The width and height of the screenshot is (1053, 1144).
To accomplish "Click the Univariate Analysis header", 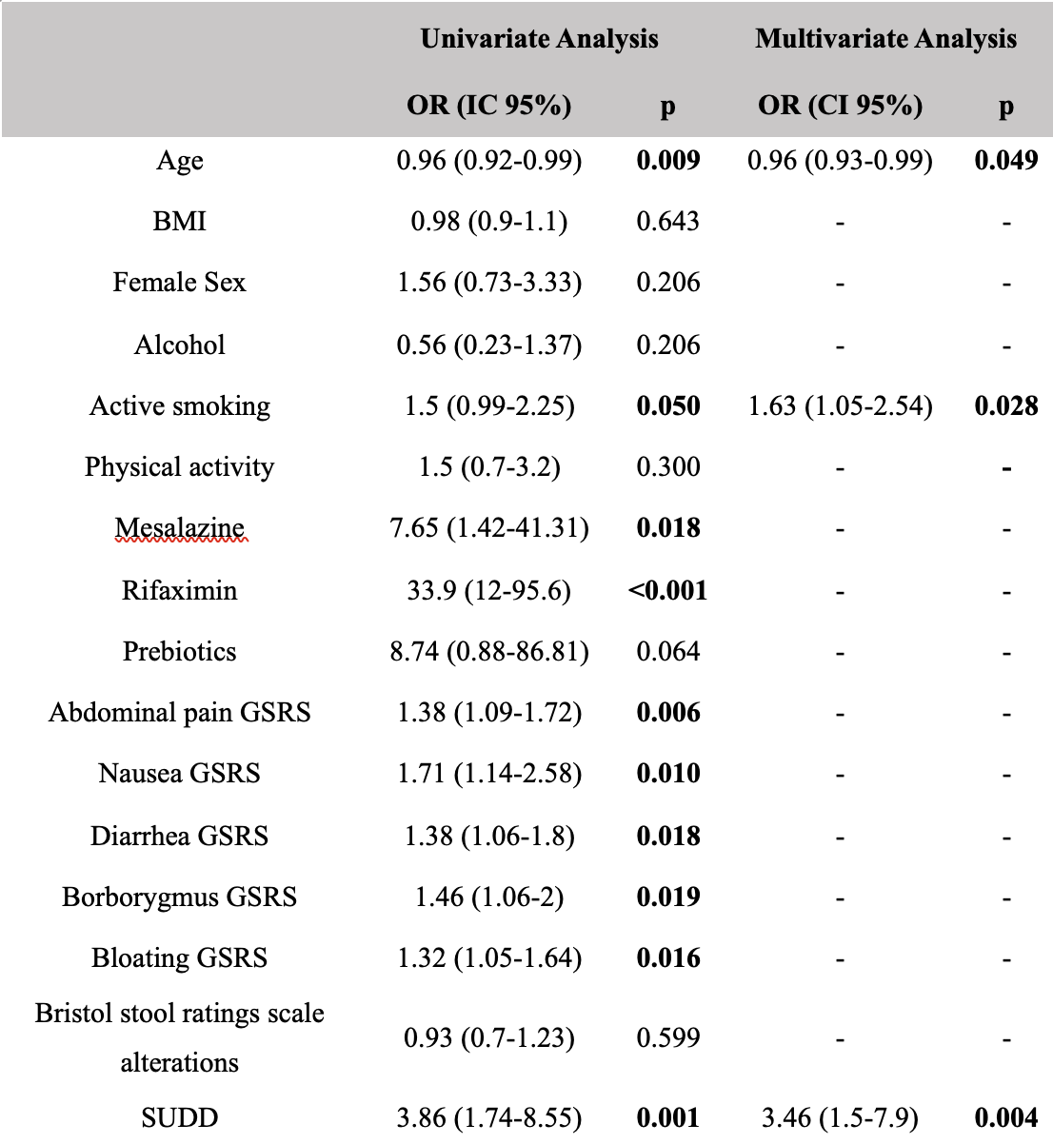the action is (539, 40).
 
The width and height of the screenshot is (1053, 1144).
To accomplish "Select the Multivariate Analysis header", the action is (885, 40).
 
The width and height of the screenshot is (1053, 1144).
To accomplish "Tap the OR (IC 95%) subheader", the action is (489, 106).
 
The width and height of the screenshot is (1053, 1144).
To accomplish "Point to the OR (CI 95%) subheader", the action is (840, 106).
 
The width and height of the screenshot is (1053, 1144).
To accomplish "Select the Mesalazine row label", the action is (180, 527).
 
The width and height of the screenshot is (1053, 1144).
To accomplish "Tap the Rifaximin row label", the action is (180, 590).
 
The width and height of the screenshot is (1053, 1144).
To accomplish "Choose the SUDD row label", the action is (180, 1117).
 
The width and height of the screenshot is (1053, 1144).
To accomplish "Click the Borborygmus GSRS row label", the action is (180, 897).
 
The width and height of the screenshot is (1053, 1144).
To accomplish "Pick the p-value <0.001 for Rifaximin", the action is (667, 590).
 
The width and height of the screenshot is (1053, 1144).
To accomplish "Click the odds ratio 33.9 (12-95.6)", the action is (489, 590).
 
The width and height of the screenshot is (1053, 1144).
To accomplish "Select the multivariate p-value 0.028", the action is (1006, 406).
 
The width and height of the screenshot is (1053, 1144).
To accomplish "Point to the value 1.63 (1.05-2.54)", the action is (840, 406).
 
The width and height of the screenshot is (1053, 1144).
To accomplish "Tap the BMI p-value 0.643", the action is (667, 221).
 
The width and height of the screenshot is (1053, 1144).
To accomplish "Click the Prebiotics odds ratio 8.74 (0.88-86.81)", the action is (489, 652).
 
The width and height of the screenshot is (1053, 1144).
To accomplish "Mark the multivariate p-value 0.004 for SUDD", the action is (1006, 1117).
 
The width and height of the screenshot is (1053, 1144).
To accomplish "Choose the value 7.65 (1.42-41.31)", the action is (489, 528).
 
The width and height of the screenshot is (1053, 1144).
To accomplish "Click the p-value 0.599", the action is (667, 1037).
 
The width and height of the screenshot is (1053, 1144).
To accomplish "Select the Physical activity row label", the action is (180, 467).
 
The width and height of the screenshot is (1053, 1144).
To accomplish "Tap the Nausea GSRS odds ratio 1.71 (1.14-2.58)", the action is (489, 774).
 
